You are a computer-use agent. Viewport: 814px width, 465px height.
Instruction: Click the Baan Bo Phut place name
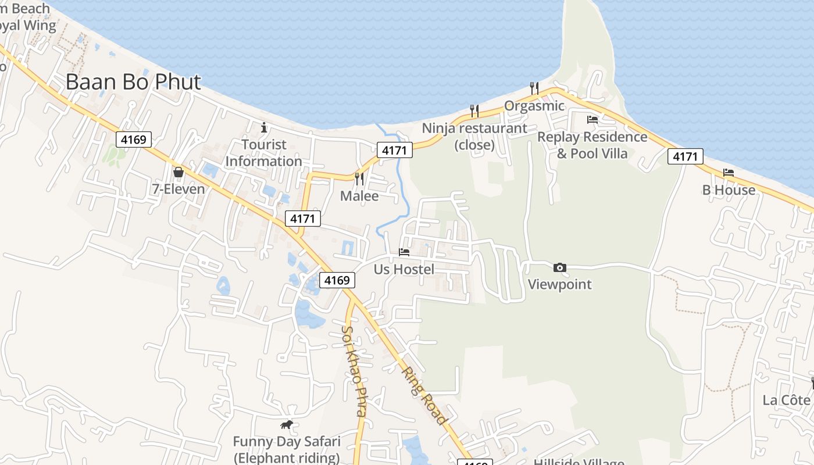(133, 82)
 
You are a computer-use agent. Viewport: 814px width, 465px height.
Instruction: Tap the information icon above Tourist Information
(264, 127)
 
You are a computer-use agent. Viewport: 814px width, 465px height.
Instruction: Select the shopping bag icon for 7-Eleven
(178, 172)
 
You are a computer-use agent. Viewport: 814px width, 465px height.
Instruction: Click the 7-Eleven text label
(178, 189)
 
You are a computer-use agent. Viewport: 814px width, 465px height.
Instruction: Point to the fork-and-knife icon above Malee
(359, 179)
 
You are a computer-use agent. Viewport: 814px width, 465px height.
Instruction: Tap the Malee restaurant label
(359, 196)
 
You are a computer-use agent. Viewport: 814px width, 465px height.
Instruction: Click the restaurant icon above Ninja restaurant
(474, 110)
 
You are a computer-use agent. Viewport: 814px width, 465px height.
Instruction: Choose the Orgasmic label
(534, 106)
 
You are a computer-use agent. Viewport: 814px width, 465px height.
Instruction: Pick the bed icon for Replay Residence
(592, 120)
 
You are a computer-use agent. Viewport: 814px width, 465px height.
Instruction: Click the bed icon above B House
(729, 173)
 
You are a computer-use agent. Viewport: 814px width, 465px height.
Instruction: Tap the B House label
(729, 190)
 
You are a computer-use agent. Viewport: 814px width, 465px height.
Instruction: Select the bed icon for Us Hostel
(404, 252)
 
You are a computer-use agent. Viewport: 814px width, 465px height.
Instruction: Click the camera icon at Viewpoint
(560, 267)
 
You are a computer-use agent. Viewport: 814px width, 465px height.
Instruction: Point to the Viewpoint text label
(560, 284)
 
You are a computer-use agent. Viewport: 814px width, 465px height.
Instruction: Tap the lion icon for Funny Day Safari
(287, 425)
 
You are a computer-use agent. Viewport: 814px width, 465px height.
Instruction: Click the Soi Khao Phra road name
(354, 371)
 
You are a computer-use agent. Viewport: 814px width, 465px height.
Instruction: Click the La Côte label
(786, 400)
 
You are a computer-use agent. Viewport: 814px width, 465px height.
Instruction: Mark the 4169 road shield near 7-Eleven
(134, 139)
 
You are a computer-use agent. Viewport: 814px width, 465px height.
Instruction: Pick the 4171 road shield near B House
(686, 156)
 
